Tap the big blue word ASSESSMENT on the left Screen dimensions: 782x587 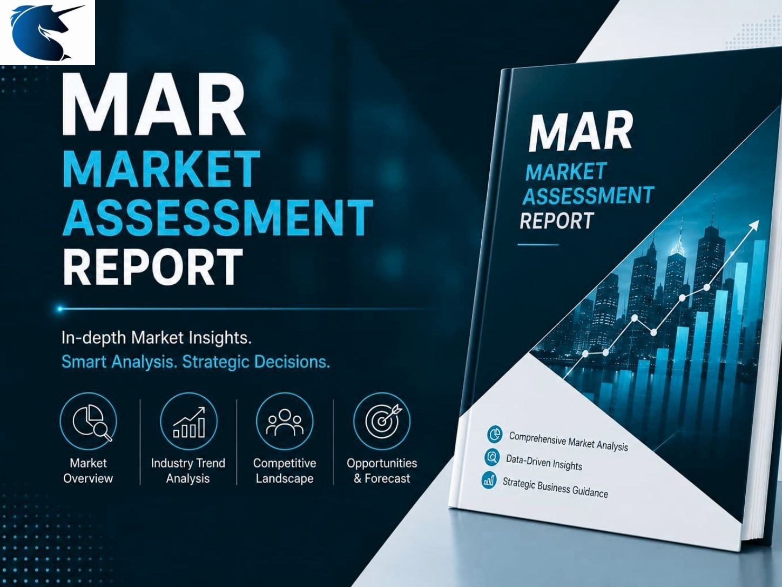pos(217,218)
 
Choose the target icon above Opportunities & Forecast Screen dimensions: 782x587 pos(382,421)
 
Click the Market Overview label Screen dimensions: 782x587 pos(88,470)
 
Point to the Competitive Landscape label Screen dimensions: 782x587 pos(285,470)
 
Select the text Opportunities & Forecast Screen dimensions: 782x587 pos(382,470)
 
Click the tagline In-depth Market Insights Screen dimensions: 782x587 pos(157,338)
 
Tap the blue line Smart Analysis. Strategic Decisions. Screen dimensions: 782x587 pos(195,362)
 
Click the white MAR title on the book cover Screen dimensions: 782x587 pos(581,131)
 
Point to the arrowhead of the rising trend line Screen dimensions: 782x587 pos(754,225)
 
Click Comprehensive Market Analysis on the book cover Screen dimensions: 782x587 pos(569,442)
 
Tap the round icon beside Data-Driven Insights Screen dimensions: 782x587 pos(493,457)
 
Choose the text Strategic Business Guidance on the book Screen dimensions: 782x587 pos(555,487)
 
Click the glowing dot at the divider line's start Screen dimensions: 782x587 pos(60,309)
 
